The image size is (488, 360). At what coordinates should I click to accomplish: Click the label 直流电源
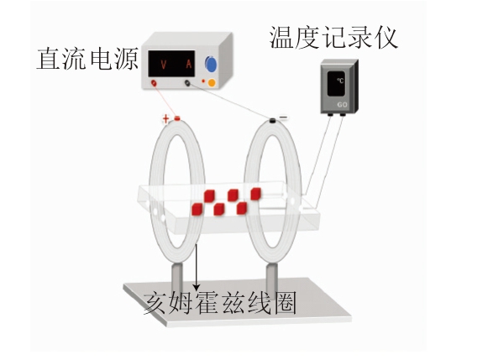[87, 59]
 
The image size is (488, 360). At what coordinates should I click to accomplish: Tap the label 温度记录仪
[333, 37]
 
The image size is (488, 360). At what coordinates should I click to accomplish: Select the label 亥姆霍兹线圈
[219, 302]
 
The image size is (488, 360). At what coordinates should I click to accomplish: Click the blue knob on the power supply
[211, 64]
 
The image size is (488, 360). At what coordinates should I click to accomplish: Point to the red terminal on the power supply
[154, 83]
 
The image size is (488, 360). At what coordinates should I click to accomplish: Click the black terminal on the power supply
[187, 83]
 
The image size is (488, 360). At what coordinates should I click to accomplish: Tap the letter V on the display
[164, 65]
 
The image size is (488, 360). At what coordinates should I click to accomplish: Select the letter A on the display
[189, 64]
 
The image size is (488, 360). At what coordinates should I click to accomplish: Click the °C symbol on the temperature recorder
[340, 81]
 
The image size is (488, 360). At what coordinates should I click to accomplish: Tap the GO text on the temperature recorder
[342, 104]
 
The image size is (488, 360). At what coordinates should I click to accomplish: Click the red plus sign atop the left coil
[165, 118]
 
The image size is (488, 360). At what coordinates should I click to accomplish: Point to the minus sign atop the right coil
[284, 117]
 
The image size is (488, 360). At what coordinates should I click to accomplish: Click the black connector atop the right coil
[273, 120]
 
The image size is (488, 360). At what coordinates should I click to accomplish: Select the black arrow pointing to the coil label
[196, 267]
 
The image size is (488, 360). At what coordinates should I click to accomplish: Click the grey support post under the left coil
[177, 278]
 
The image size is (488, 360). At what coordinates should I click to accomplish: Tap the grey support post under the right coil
[271, 279]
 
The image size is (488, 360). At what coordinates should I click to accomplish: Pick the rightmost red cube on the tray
[255, 194]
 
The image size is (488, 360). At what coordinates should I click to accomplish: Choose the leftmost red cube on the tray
[197, 209]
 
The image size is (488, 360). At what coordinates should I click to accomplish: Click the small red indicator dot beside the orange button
[203, 81]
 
